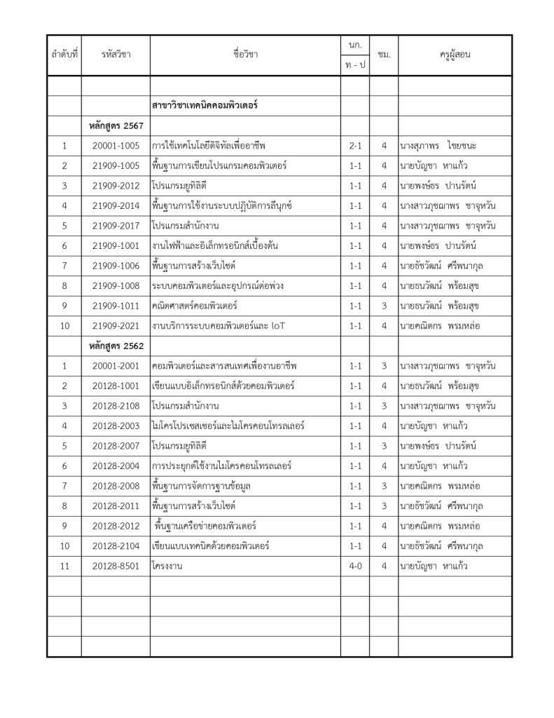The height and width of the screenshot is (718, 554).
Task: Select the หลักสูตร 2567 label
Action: (x=116, y=126)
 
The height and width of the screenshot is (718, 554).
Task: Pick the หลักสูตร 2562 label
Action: (x=116, y=346)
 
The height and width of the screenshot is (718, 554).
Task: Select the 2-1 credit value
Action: (x=355, y=146)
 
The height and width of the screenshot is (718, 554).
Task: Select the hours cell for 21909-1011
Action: (x=384, y=306)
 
